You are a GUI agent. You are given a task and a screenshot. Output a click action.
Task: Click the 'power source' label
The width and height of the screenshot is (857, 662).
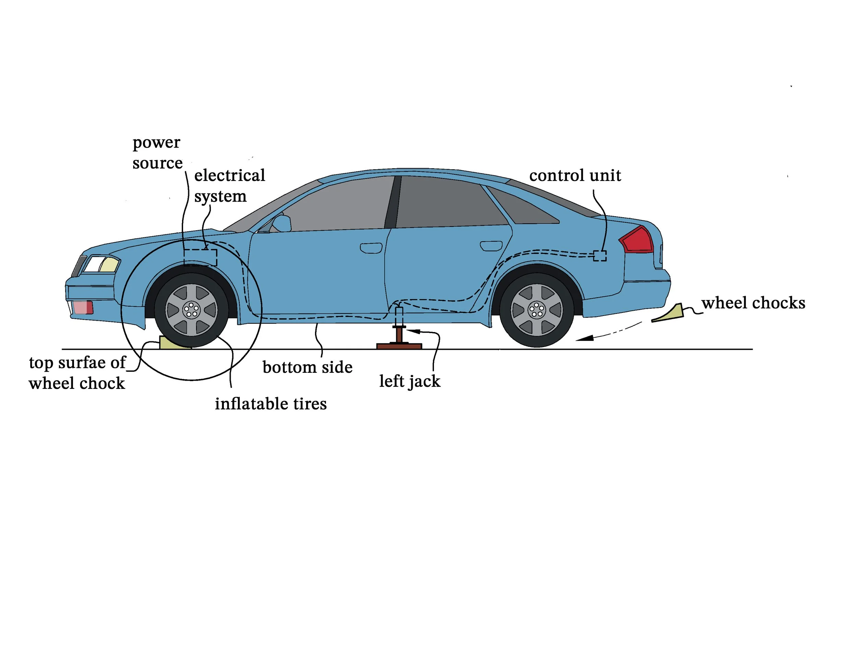tap(157, 153)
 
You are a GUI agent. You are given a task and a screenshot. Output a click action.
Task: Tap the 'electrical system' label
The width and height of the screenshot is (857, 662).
tap(230, 185)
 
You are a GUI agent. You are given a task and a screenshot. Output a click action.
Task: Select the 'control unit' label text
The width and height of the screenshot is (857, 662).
tap(575, 176)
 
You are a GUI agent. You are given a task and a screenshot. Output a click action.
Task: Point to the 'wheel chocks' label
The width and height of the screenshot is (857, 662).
tap(753, 303)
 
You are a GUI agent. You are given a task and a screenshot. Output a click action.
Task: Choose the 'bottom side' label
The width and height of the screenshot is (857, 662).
tap(307, 367)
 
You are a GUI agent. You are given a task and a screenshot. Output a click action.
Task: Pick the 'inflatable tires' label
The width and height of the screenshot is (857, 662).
tap(271, 404)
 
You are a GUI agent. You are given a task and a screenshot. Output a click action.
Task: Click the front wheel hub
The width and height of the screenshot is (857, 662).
tap(191, 310)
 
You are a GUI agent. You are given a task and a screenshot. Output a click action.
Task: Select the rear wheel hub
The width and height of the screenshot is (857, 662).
tap(536, 310)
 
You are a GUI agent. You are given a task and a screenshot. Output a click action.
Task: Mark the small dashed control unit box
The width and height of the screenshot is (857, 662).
tap(599, 256)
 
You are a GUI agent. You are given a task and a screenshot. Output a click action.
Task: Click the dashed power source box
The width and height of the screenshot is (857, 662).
tap(200, 257)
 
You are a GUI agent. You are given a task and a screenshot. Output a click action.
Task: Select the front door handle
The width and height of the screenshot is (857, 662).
tap(371, 248)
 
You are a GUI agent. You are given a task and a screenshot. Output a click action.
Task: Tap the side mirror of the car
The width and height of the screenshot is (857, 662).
tap(281, 223)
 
